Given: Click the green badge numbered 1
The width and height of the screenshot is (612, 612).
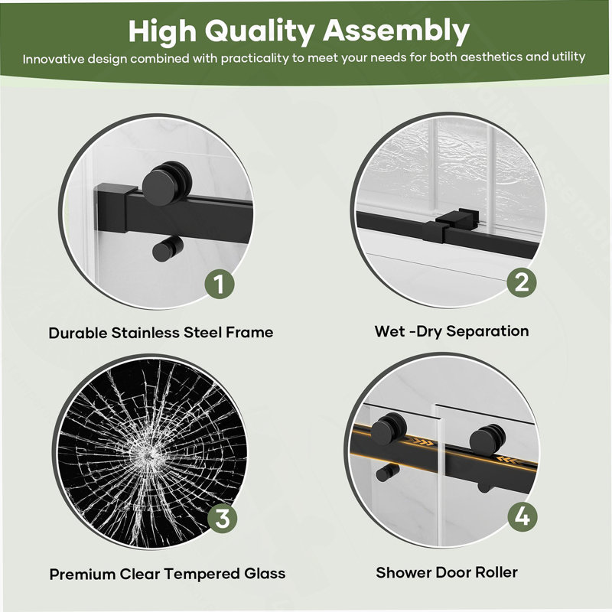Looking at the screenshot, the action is [220, 284].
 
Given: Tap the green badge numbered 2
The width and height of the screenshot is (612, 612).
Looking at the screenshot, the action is [522, 282].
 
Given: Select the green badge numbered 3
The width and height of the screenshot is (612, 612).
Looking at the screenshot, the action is [222, 519].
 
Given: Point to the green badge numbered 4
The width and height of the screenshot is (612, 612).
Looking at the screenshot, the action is [522, 517].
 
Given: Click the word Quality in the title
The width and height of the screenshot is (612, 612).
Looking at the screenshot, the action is [259, 31].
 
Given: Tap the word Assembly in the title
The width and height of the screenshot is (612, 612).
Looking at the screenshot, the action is [396, 31].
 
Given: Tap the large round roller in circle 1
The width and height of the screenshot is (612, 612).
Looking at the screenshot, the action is [166, 184].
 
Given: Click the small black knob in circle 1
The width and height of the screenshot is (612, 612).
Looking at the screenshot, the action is [167, 249].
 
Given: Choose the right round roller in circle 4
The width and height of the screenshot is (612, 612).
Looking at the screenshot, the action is [487, 440].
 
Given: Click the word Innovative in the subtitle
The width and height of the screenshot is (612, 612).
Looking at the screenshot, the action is [54, 60].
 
